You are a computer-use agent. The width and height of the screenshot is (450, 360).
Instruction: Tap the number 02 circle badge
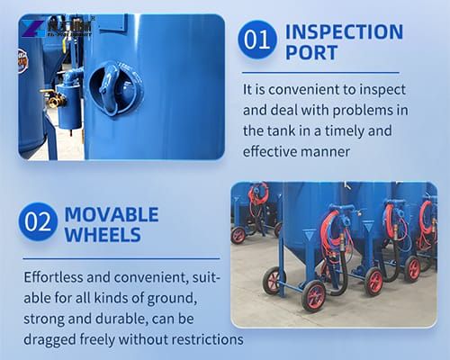tap(39, 224)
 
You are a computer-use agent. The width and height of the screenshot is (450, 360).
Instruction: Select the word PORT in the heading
tap(310, 52)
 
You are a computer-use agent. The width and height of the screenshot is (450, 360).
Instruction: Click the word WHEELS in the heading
tap(102, 236)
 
